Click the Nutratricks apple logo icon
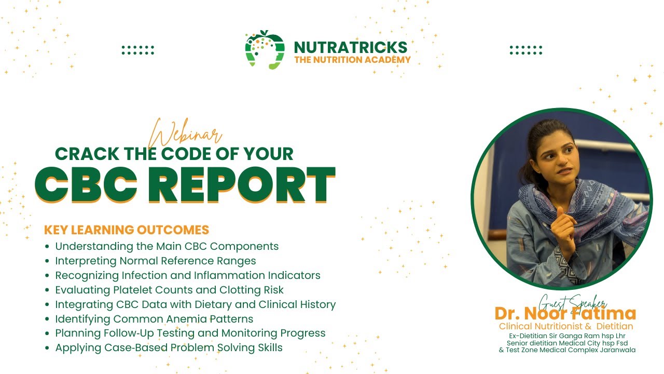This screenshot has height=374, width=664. pyautogui.click(x=265, y=50)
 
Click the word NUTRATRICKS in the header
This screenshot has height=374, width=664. pyautogui.click(x=351, y=48)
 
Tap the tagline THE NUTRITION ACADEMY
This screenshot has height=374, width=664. pyautogui.click(x=352, y=60)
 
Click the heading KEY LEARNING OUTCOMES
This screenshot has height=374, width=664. pyautogui.click(x=127, y=230)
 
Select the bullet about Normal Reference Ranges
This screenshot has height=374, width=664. pyautogui.click(x=156, y=261)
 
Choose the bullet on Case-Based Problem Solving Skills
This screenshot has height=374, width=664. pyautogui.click(x=169, y=348)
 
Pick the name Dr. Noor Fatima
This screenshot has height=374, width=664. pyautogui.click(x=565, y=314)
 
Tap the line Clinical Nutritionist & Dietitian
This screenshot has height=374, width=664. pyautogui.click(x=566, y=326)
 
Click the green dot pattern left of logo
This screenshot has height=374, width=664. pyautogui.click(x=137, y=50)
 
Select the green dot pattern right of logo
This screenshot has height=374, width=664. pyautogui.click(x=525, y=50)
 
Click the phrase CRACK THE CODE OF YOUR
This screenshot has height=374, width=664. pyautogui.click(x=174, y=154)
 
